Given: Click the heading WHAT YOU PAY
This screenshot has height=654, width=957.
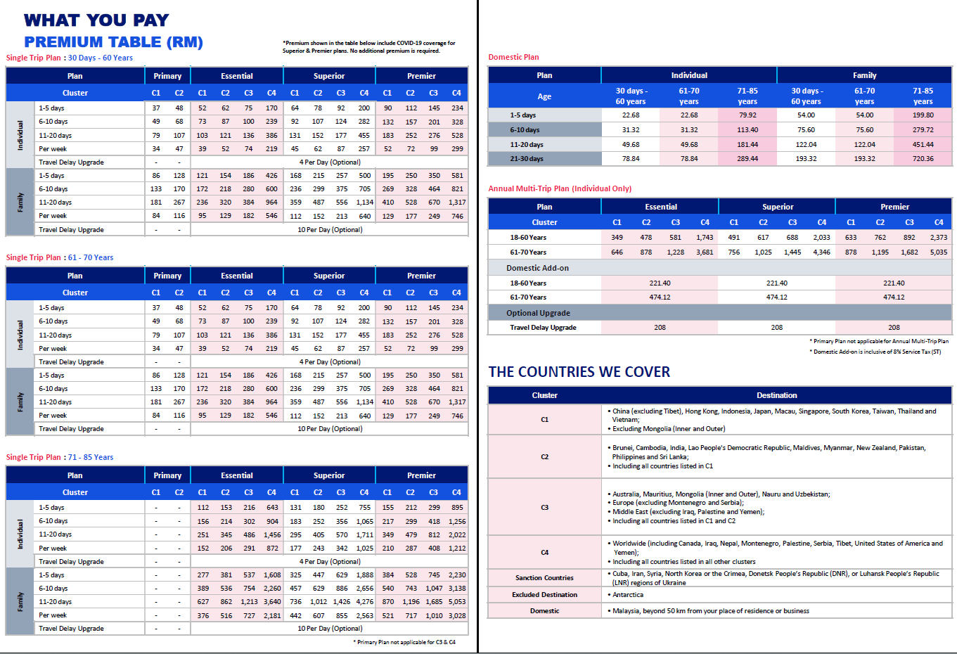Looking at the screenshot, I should pos(96,20).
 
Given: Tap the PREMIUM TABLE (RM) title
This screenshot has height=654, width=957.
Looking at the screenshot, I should pos(113,42).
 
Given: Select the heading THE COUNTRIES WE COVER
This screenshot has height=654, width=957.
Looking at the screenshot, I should pos(579,372).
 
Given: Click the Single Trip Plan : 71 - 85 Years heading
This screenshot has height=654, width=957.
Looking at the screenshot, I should pos(60,457).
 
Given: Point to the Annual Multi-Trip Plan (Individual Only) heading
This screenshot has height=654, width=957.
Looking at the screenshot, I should pos(560,188).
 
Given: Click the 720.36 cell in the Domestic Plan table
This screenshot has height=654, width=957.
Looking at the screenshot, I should pos(923,159).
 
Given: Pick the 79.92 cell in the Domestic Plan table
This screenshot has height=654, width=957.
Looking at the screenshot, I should pos(747,115).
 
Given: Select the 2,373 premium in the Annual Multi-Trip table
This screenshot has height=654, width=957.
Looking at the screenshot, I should pos(939,238).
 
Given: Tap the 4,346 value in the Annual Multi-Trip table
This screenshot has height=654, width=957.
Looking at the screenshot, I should pos(821,252).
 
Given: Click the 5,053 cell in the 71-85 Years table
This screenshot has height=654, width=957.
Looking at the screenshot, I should pos(457,602).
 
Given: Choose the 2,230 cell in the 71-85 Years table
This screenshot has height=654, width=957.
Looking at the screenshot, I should pos(457,575).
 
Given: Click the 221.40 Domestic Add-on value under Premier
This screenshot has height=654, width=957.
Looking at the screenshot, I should pos(894,283).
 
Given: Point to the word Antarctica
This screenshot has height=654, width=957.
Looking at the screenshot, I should pos(628,595).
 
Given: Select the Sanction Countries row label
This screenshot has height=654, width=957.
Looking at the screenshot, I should pos(544,578).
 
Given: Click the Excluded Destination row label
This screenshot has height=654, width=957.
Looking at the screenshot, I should pos(544,595).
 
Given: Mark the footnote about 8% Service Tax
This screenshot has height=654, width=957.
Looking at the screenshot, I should pos(877,352).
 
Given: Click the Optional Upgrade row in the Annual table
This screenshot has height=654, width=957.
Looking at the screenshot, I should pos(538,313).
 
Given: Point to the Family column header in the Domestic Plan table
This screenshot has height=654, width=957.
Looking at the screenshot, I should pos(864,75).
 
